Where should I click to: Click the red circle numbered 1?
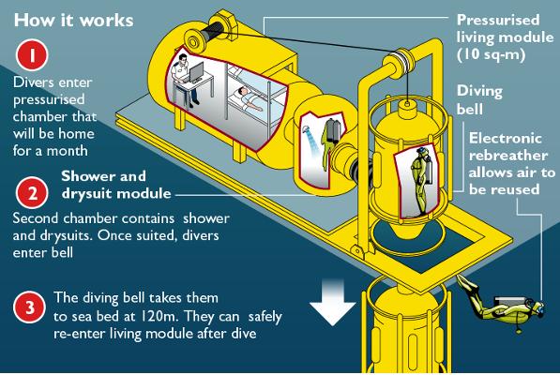click(x=32, y=55)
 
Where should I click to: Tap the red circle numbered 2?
click(x=32, y=193)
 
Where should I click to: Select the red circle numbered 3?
click(x=30, y=307)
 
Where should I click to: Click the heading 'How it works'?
click(x=73, y=20)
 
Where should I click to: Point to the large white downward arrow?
click(x=332, y=303)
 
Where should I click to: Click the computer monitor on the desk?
click(x=196, y=72)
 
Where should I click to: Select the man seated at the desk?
click(x=185, y=81)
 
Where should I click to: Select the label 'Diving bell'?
click(x=479, y=100)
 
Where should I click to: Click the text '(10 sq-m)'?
click(x=492, y=54)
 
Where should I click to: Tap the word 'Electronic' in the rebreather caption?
click(x=505, y=139)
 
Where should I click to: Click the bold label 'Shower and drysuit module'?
click(x=116, y=185)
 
